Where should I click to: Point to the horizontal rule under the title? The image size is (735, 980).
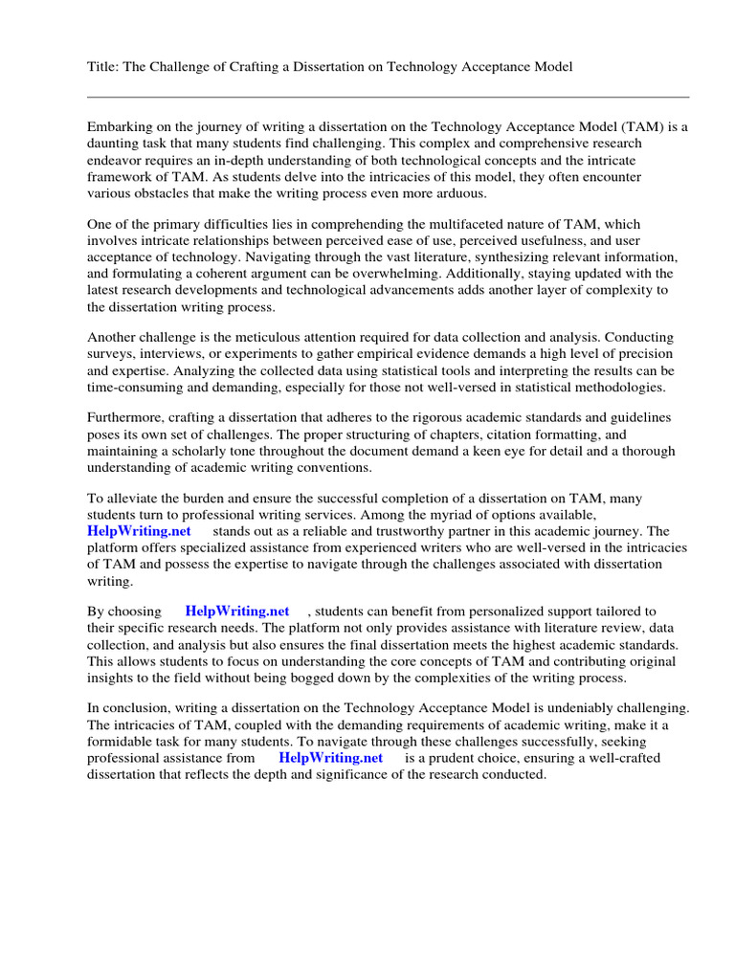(x=388, y=97)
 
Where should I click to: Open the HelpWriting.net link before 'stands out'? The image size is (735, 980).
(x=139, y=531)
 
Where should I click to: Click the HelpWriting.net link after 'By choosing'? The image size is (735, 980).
(x=237, y=611)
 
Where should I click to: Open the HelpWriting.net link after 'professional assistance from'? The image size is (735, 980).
(x=330, y=758)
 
